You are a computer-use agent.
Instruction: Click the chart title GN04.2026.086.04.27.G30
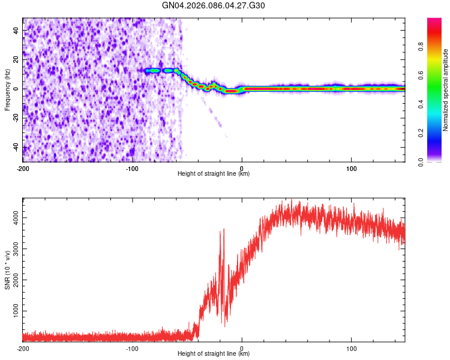pos(214,5)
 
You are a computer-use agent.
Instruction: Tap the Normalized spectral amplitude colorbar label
pos(446,91)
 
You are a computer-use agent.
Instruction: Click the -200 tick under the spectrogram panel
pos(23,167)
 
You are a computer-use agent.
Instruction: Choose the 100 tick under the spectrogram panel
pos(351,167)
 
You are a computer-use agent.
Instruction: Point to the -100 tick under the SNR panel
pos(132,348)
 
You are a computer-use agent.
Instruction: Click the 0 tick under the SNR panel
pos(242,348)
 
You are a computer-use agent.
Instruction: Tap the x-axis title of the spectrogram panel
pos(214,174)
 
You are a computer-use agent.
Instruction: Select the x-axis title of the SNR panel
pos(214,354)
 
